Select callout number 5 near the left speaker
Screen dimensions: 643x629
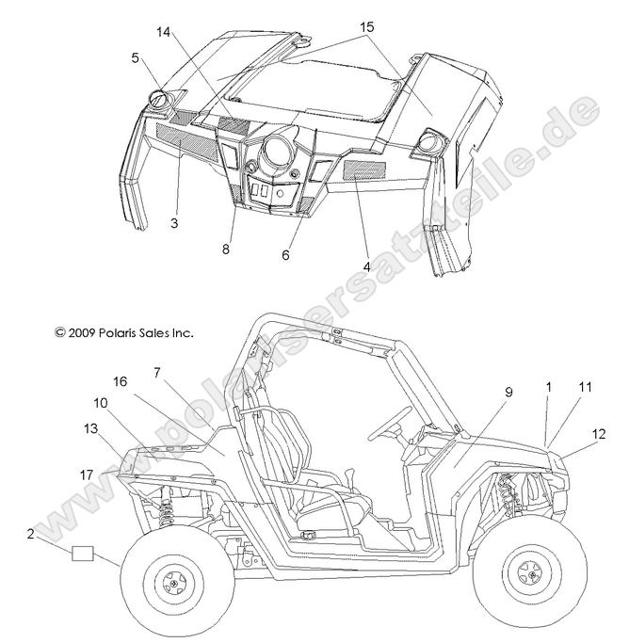click(136, 57)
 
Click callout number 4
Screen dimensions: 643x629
click(367, 266)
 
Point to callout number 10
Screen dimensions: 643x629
click(100, 402)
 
